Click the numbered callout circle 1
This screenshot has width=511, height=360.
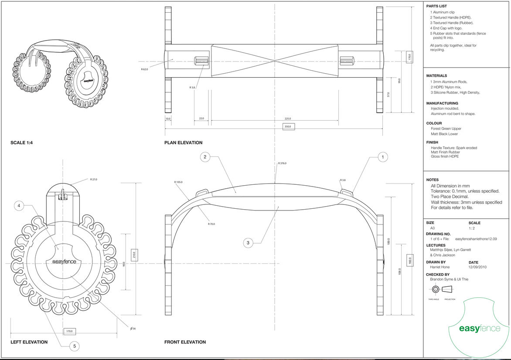[x=382, y=157]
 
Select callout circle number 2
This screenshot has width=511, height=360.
[x=205, y=157]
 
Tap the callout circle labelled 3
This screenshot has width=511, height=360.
[x=248, y=243]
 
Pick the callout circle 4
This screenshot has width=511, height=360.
[x=18, y=206]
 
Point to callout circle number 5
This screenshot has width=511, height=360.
[x=75, y=346]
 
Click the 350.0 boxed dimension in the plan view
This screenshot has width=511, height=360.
[x=288, y=126]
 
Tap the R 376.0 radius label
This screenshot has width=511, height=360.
[x=283, y=163]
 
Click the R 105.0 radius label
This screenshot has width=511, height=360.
[x=178, y=182]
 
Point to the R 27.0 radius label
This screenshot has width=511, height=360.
[x=93, y=179]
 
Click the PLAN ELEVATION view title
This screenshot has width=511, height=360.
[x=183, y=143]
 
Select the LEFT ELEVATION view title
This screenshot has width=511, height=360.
[x=29, y=342]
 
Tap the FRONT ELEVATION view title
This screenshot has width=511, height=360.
[x=185, y=342]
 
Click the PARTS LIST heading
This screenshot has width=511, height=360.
[x=436, y=6]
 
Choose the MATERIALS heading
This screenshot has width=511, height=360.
[x=436, y=76]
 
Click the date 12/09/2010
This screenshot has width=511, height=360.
[x=477, y=267]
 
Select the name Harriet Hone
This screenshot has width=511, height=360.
[x=440, y=267]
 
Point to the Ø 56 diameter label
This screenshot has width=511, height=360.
[x=133, y=328]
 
